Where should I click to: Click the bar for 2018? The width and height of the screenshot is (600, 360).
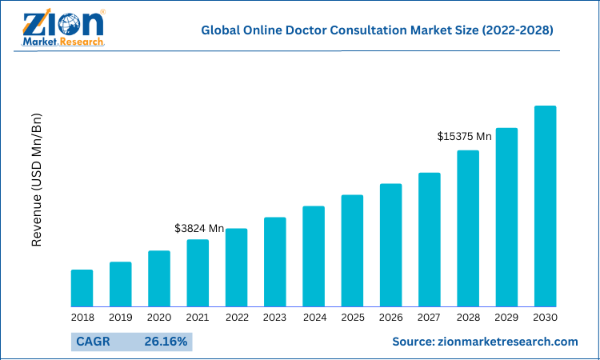pyautogui.click(x=82, y=288)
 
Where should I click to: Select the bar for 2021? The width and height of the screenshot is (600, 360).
pyautogui.click(x=198, y=273)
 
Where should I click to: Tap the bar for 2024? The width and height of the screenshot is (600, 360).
pyautogui.click(x=314, y=256)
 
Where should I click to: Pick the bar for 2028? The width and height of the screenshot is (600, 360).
pyautogui.click(x=468, y=228)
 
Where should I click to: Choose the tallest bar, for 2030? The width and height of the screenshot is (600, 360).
pyautogui.click(x=545, y=206)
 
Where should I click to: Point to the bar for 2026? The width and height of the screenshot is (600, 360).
pyautogui.click(x=390, y=245)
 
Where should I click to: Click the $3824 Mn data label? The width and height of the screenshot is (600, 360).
pyautogui.click(x=199, y=228)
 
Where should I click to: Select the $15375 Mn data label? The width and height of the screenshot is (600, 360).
pyautogui.click(x=465, y=137)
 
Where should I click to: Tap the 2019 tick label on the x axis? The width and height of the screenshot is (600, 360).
pyautogui.click(x=121, y=318)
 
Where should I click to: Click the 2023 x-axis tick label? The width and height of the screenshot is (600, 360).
pyautogui.click(x=275, y=318)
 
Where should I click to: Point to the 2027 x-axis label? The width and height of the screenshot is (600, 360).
pyautogui.click(x=430, y=318)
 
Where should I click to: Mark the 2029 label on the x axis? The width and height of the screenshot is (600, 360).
pyautogui.click(x=506, y=318)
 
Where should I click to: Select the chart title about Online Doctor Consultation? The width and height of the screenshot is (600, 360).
pyautogui.click(x=376, y=30)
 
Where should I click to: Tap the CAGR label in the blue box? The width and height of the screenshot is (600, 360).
pyautogui.click(x=92, y=342)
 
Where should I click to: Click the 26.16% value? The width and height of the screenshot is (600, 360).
pyautogui.click(x=166, y=342)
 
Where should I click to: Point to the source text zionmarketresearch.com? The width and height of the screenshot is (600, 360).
pyautogui.click(x=485, y=342)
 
